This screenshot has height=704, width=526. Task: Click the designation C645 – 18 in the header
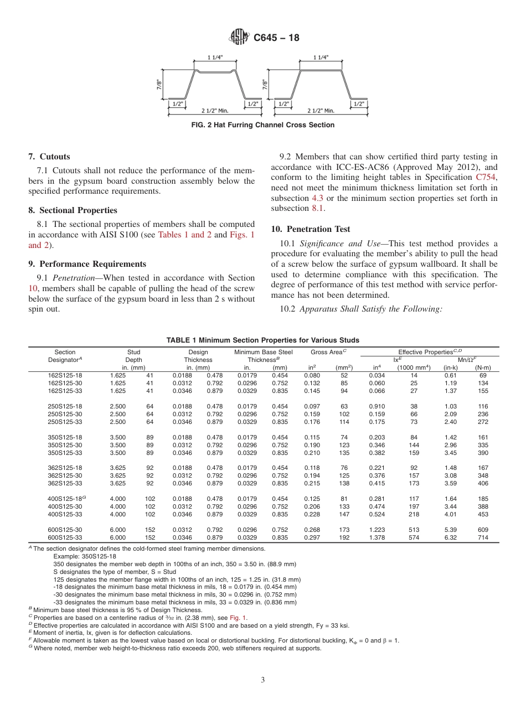tap(276, 38)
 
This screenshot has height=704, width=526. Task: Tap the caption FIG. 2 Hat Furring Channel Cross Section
tap(262, 125)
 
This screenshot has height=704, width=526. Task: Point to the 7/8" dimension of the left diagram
tap(158, 84)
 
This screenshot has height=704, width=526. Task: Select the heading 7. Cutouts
tap(49, 157)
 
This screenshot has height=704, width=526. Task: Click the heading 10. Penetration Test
tap(311, 229)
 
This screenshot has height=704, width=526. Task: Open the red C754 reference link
tap(487, 178)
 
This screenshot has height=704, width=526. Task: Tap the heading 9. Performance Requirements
tap(87, 264)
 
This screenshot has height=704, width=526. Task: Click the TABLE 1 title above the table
tap(262, 340)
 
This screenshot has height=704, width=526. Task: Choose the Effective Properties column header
tap(430, 352)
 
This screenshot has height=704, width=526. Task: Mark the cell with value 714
tap(483, 537)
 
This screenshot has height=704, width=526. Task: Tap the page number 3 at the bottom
tap(263, 680)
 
